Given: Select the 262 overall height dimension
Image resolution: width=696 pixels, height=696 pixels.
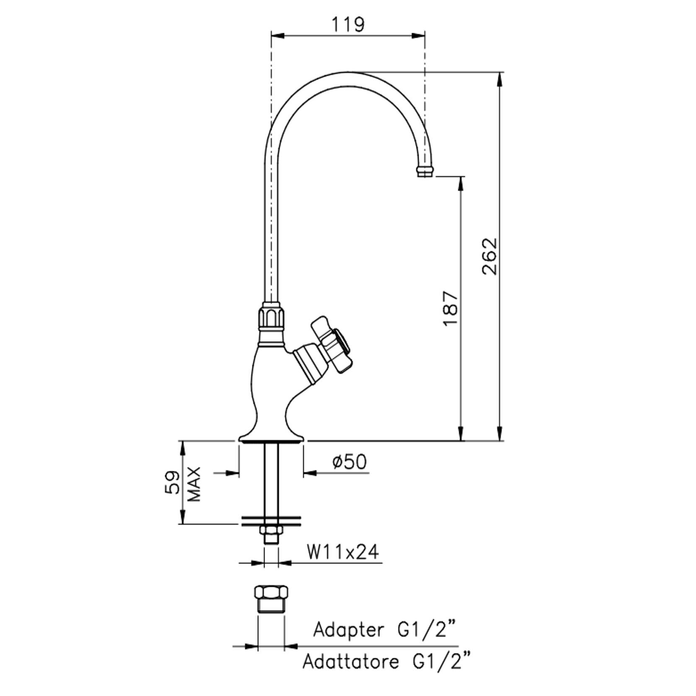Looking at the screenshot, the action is point(489,256).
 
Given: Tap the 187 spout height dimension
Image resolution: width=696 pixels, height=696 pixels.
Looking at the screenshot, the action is point(451,308).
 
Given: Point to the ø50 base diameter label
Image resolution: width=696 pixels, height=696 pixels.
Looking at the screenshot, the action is point(349,462).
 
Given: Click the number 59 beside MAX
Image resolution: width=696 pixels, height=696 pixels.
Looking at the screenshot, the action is point(172,482).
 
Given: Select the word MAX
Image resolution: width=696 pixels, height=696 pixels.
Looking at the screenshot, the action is point(194,484).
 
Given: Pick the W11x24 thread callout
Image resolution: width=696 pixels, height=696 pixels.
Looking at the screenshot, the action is point(343,552).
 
